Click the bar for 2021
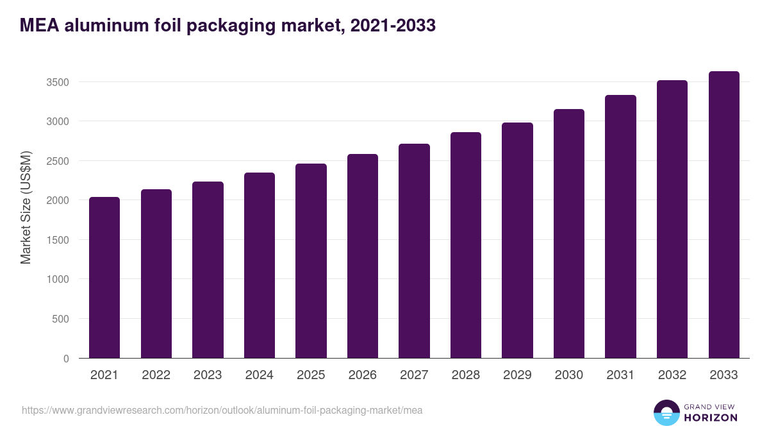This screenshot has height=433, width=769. coord(104,278)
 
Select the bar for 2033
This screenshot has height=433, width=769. coord(724,215)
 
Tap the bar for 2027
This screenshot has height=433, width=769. coord(414,251)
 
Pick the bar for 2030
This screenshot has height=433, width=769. coord(569,233)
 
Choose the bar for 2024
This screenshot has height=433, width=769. coord(260,265)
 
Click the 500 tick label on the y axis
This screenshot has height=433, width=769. coord(60,319)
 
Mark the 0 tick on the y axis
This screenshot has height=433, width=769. coord(65,359)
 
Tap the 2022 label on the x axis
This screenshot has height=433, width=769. coord(156,375)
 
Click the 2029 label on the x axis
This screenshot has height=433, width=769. coord(517,375)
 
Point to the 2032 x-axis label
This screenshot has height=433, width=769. coord(672,375)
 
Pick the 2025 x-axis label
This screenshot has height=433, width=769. coord(311,375)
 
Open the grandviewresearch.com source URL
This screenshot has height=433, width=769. coord(222,410)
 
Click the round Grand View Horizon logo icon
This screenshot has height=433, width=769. coord(666,412)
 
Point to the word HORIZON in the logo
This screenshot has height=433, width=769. coord(711,418)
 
